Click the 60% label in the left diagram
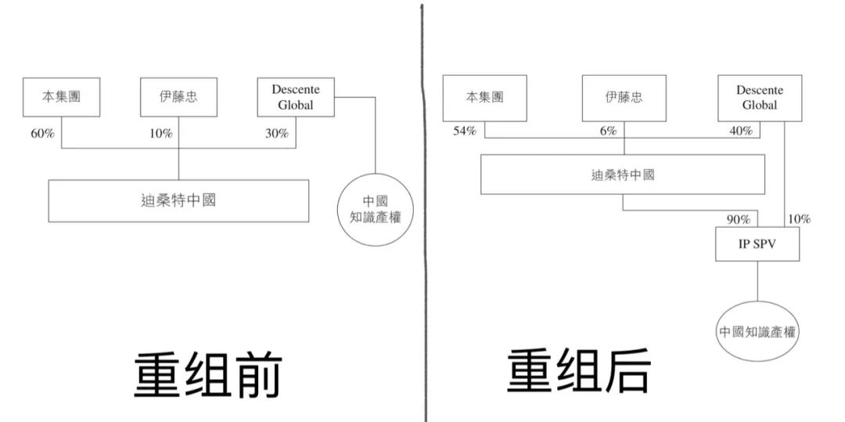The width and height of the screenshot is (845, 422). click(x=42, y=134)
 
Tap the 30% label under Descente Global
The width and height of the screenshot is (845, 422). click(x=276, y=134)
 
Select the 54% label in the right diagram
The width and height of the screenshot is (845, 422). click(x=465, y=131)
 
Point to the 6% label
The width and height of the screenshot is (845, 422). click(x=608, y=131)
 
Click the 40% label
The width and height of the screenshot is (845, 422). click(x=741, y=131)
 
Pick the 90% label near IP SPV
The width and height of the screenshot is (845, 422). click(x=739, y=219)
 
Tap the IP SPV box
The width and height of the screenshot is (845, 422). click(x=757, y=243)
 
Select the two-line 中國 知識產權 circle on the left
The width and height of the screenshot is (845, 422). click(x=376, y=209)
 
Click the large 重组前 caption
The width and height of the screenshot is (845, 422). click(x=207, y=373)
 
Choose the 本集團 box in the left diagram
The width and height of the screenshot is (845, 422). click(x=62, y=98)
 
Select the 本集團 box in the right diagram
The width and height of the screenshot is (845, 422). click(x=484, y=97)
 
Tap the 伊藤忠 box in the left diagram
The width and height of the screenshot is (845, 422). click(x=178, y=98)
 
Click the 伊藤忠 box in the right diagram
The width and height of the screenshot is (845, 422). click(x=624, y=97)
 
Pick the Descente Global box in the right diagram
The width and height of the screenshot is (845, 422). click(x=759, y=97)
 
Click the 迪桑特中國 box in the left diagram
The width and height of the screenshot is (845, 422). click(x=178, y=200)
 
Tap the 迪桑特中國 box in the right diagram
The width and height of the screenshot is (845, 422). click(x=622, y=174)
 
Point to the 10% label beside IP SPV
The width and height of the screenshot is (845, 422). click(x=799, y=219)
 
